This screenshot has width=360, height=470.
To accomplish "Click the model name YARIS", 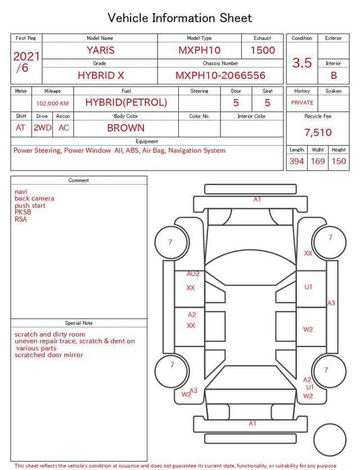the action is point(101,50).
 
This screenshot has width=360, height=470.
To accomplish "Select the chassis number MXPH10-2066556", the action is point(220,75).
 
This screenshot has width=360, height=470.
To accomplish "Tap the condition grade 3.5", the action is point(302,62).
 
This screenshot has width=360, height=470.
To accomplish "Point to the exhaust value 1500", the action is point(263,50).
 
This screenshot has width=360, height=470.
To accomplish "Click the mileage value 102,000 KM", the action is point(52,104).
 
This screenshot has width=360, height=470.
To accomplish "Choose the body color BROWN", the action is point(126,128).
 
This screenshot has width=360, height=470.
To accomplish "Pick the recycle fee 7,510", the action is point(318,132).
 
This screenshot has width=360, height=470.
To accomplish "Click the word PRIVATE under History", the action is point(302,102).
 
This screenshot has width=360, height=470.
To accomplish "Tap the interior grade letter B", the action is point(334,75).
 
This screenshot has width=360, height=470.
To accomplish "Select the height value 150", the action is point(339,161).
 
